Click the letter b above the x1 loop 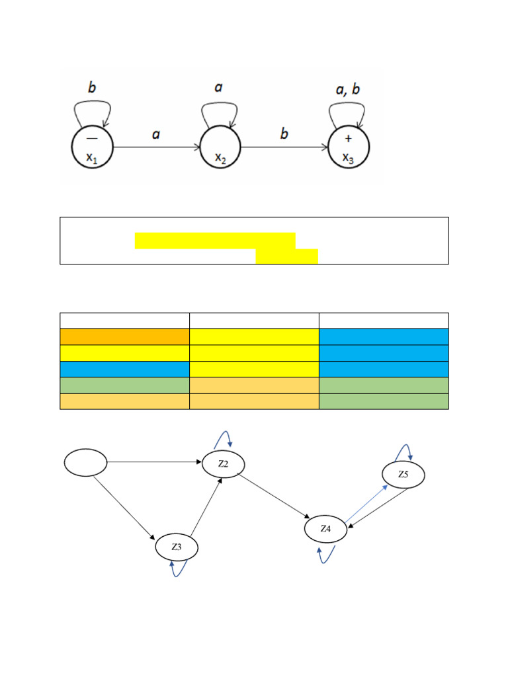(93, 87)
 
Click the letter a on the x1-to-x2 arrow (156, 134)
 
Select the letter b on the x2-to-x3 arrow (284, 134)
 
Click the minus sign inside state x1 (92, 138)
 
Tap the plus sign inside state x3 (349, 138)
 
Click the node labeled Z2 (224, 464)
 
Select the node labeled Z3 (177, 547)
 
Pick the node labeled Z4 (325, 529)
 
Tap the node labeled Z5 (403, 475)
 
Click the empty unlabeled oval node (85, 462)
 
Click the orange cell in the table (124, 337)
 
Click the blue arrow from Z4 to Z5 (366, 502)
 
